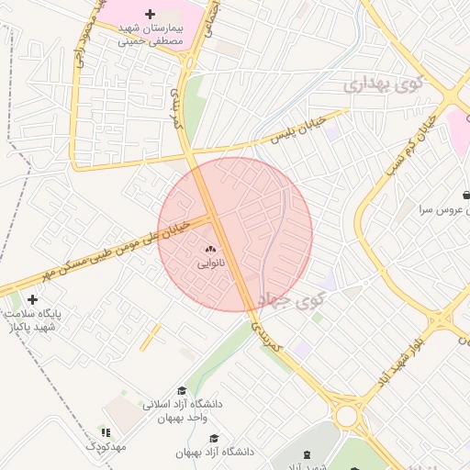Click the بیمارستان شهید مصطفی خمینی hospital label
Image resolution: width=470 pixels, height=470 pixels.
pyautogui.click(x=151, y=35)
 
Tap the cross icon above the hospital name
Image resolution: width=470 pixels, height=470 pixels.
pyautogui.click(x=151, y=15)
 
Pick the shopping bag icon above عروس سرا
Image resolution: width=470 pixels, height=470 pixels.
pyautogui.click(x=467, y=195)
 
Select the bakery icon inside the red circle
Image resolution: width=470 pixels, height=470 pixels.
pyautogui.click(x=209, y=249)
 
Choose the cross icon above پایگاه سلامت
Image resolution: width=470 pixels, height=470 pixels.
pyautogui.click(x=33, y=299)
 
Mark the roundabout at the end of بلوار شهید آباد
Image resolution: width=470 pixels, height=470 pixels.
pyautogui.click(x=347, y=416)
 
